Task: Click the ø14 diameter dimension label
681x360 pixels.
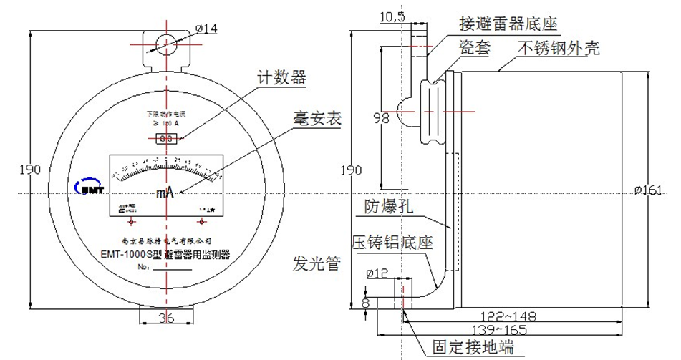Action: click(x=206, y=28)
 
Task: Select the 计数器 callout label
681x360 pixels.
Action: click(x=282, y=78)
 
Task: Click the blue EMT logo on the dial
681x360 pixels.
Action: click(x=90, y=186)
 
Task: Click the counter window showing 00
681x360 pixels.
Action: click(x=166, y=137)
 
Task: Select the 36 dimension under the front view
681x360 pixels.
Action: click(x=165, y=318)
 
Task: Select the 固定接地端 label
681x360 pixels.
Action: click(x=473, y=347)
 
